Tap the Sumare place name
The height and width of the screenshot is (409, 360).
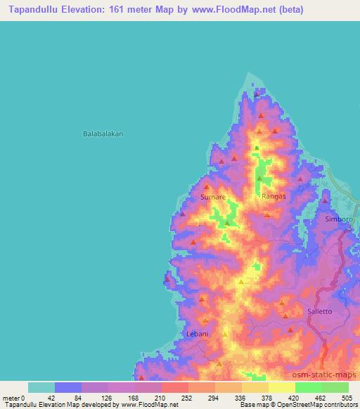click(x=213, y=197)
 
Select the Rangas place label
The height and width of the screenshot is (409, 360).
click(x=274, y=197)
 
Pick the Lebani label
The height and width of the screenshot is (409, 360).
click(x=197, y=334)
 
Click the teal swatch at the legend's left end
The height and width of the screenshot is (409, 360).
click(x=41, y=387)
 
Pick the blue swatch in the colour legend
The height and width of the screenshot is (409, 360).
click(x=68, y=387)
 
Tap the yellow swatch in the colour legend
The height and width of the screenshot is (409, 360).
click(x=282, y=387)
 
